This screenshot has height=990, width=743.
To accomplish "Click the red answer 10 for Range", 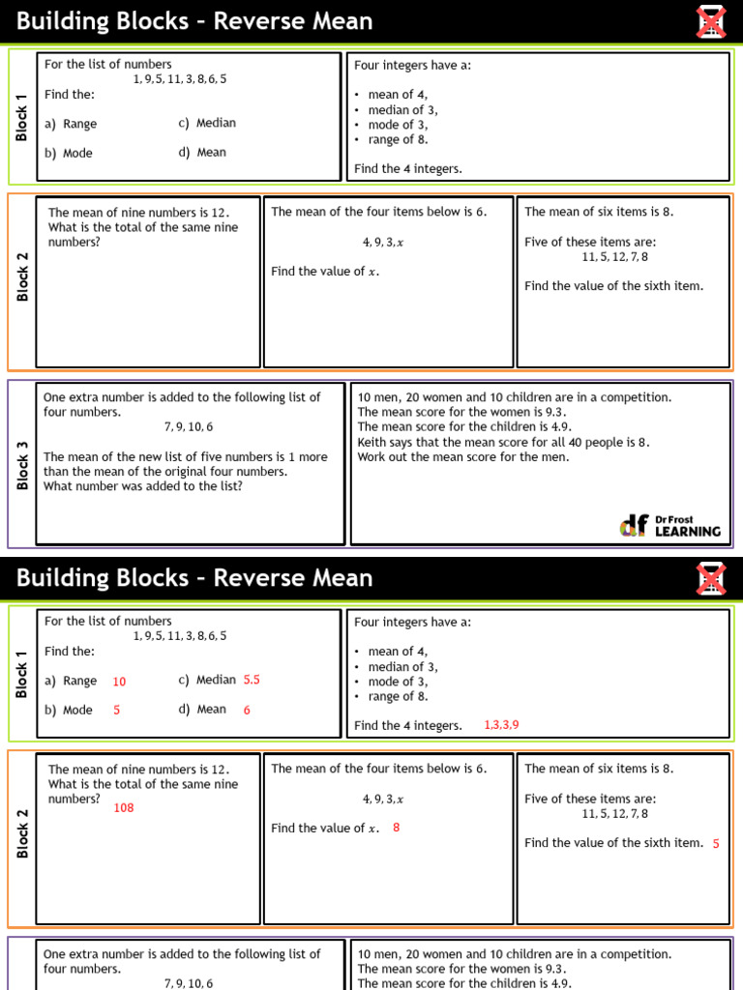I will [x=119, y=682].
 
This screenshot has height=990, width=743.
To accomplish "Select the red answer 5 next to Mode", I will [x=116, y=710].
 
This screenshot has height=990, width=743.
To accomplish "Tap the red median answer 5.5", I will [x=252, y=680].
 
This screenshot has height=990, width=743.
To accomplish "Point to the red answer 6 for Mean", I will [x=247, y=710].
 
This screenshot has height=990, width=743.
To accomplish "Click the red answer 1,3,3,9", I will [x=501, y=725].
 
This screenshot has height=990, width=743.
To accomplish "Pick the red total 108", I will [x=124, y=807].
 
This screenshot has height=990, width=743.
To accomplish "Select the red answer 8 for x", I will [x=397, y=828].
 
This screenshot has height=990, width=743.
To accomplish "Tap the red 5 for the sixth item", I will [x=716, y=844].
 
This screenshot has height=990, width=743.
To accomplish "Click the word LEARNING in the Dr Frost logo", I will [x=688, y=531].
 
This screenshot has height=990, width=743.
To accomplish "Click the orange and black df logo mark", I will [x=635, y=525].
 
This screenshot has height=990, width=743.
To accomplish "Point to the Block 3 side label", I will [x=22, y=465].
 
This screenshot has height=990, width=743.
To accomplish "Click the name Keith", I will [x=373, y=442].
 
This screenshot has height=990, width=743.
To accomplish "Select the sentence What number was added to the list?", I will [x=143, y=486].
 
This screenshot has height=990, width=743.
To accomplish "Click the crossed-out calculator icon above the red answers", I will [x=711, y=578].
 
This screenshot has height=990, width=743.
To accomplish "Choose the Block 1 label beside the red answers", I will [x=22, y=674].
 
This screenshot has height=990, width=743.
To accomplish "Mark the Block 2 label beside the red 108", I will [x=22, y=833].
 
